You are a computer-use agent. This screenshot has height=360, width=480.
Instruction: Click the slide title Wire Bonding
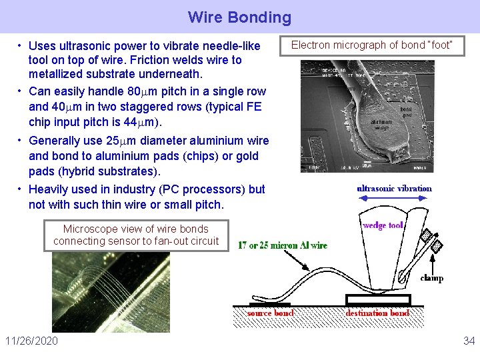239,17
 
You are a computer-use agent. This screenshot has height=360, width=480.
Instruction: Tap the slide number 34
469,341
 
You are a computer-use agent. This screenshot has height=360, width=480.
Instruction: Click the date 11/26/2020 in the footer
31,341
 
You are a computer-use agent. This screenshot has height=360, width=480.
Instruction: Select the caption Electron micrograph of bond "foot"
371,45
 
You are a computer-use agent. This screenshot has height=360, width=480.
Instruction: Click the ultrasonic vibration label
395,189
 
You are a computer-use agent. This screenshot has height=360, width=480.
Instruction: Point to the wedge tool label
383,225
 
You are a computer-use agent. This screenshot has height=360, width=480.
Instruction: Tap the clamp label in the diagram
431,278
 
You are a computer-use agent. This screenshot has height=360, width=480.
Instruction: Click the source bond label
270,313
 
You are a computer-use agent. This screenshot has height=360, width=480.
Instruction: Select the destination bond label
377,313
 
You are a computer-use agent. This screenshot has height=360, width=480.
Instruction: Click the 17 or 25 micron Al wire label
283,245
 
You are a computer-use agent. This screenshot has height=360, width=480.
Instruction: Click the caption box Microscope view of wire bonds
136,235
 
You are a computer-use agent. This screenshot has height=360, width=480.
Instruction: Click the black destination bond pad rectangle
377,299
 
